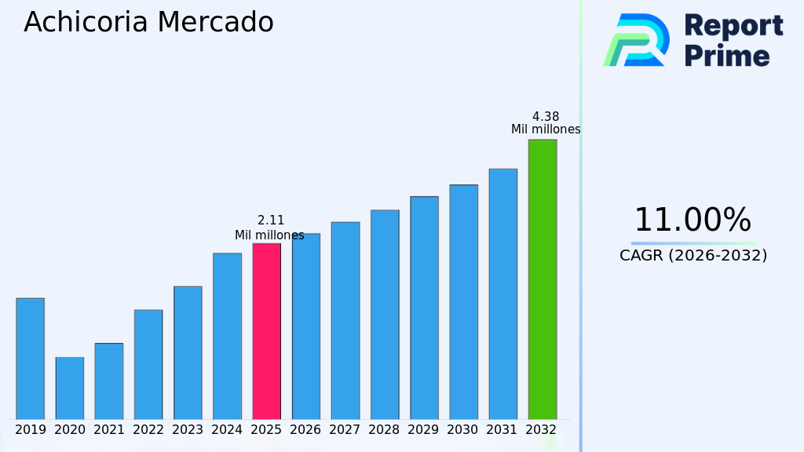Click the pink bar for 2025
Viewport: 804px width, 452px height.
pos(266,331)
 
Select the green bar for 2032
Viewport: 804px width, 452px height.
pos(542,279)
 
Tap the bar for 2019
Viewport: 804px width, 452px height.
pos(30,359)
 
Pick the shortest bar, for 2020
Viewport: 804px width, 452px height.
pos(70,388)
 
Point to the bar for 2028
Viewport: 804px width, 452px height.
pos(385,315)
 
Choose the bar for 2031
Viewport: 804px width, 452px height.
pos(502,294)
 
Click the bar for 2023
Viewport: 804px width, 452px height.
pos(188,353)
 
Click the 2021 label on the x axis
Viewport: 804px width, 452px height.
pos(109,430)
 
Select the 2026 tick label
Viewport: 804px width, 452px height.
pos(305,430)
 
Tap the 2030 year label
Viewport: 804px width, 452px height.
pos(463,430)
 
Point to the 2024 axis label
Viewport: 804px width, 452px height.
pos(227,430)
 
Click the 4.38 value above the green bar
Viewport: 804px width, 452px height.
pos(546,117)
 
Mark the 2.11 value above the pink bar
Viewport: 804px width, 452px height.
pos(271,221)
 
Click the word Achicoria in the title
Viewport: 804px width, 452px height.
pos(86,22)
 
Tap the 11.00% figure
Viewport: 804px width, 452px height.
pos(693,221)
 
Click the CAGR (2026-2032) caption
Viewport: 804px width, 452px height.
pos(693,255)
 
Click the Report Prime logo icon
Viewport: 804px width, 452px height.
pos(637,40)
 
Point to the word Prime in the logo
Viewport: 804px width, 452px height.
pos(727,56)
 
